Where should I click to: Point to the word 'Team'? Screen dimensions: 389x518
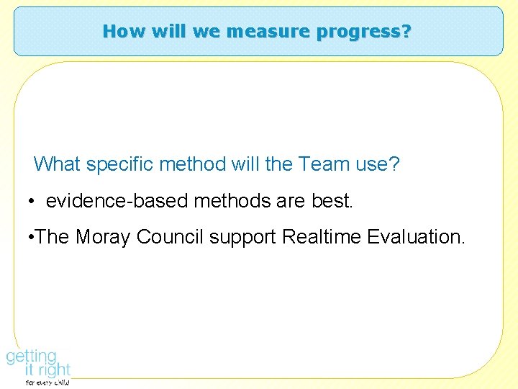click(x=324, y=164)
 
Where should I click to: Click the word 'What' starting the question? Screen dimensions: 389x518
click(x=58, y=164)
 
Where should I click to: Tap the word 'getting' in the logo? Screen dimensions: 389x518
click(x=31, y=357)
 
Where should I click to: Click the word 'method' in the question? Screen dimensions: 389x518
click(x=192, y=164)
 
